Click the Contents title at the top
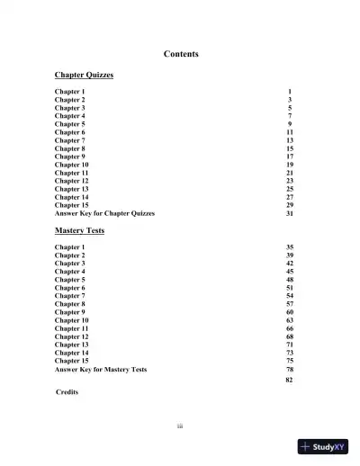[x=181, y=54]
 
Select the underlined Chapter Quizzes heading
[x=84, y=76]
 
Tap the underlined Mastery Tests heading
[x=79, y=230]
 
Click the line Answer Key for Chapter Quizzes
[x=104, y=213]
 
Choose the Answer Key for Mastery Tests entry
[x=101, y=369]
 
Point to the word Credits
[x=67, y=392]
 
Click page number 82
[x=289, y=381]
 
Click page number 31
[x=289, y=213]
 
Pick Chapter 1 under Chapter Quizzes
[x=70, y=92]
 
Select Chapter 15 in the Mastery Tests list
[x=72, y=361]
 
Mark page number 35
[x=289, y=246]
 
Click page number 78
[x=289, y=369]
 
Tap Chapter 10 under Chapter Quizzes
[x=72, y=165]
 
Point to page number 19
[x=289, y=165]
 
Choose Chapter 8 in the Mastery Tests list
[x=70, y=304]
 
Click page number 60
[x=289, y=312]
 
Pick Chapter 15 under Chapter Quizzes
[x=72, y=205]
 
